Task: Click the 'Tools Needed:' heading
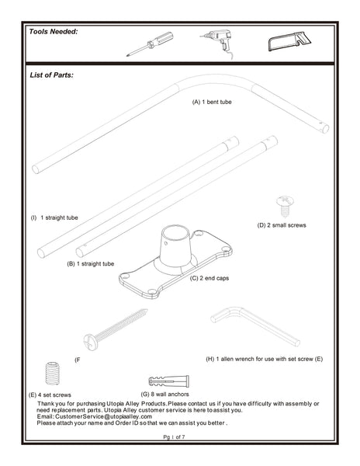[54, 32]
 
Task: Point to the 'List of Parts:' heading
[51, 75]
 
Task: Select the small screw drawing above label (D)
[285, 205]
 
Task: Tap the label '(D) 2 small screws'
[282, 225]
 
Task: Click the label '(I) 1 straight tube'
[54, 218]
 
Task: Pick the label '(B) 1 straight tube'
[91, 264]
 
